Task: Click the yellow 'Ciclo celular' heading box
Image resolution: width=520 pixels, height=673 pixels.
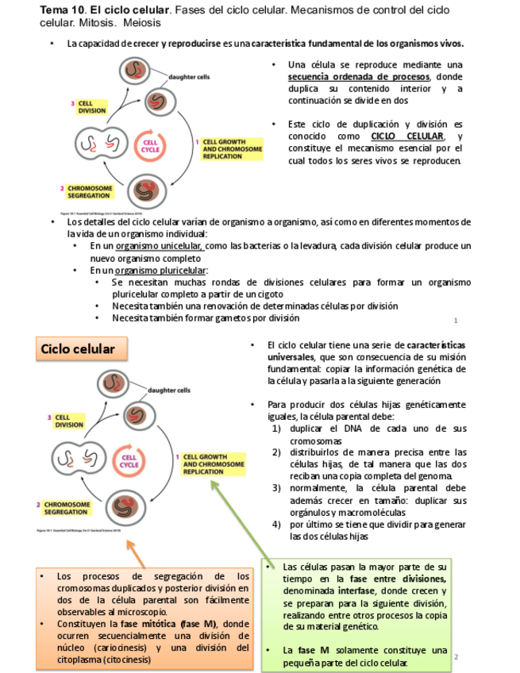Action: click(78, 349)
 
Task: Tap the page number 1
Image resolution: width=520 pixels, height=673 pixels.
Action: click(456, 321)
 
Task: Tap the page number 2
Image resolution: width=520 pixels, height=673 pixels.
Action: click(457, 657)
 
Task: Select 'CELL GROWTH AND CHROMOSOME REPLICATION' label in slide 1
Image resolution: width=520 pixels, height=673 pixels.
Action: click(233, 149)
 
